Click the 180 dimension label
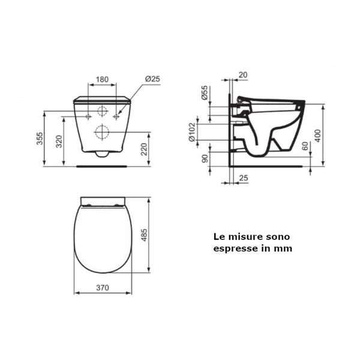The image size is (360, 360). (x=102, y=79)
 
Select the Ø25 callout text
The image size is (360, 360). (x=152, y=79)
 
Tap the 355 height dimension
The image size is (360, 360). (x=39, y=139)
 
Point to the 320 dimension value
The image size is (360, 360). (x=58, y=142)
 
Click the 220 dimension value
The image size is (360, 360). (x=145, y=149)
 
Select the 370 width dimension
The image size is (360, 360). (x=102, y=287)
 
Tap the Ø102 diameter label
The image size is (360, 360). (x=192, y=131)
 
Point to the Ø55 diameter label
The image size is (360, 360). (x=204, y=94)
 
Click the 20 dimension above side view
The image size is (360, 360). (x=242, y=75)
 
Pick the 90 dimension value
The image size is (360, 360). (x=204, y=159)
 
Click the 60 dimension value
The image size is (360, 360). (x=304, y=146)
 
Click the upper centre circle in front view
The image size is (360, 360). (x=102, y=111)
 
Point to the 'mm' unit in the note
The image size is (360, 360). (x=283, y=248)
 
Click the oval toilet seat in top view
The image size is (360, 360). (x=102, y=237)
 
